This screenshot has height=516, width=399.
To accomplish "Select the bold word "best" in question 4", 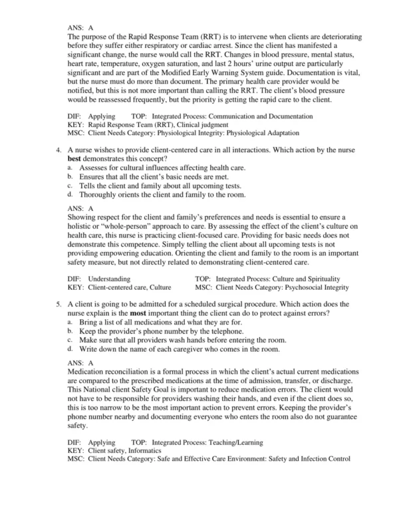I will (76, 160).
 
